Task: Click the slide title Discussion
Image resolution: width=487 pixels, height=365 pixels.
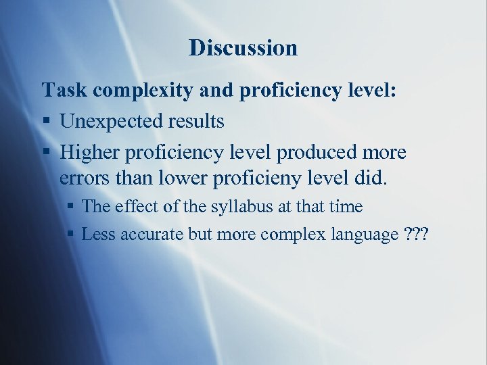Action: [243, 48]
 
